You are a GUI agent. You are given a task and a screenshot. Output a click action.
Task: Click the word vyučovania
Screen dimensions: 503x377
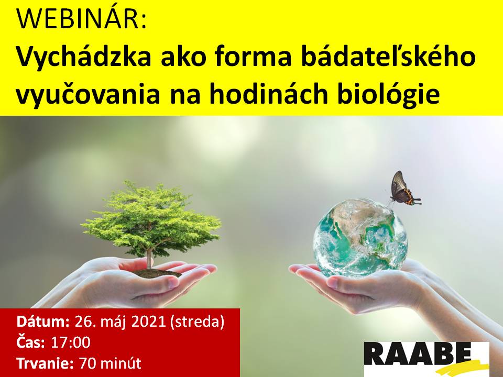coord(88,95)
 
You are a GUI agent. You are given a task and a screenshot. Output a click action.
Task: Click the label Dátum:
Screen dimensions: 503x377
coord(43,321)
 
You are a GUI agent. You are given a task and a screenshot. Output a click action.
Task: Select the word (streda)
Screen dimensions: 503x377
coord(197,322)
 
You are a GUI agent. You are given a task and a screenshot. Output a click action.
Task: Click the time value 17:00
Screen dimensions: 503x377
coord(71,342)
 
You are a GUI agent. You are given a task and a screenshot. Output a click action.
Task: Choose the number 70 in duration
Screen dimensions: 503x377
coord(88,363)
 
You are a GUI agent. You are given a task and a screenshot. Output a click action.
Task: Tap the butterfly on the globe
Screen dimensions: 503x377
coord(403,189)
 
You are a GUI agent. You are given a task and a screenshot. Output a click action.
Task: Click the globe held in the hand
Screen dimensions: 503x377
coord(360,238)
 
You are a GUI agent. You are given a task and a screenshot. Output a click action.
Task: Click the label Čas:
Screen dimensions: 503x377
coord(31,342)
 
